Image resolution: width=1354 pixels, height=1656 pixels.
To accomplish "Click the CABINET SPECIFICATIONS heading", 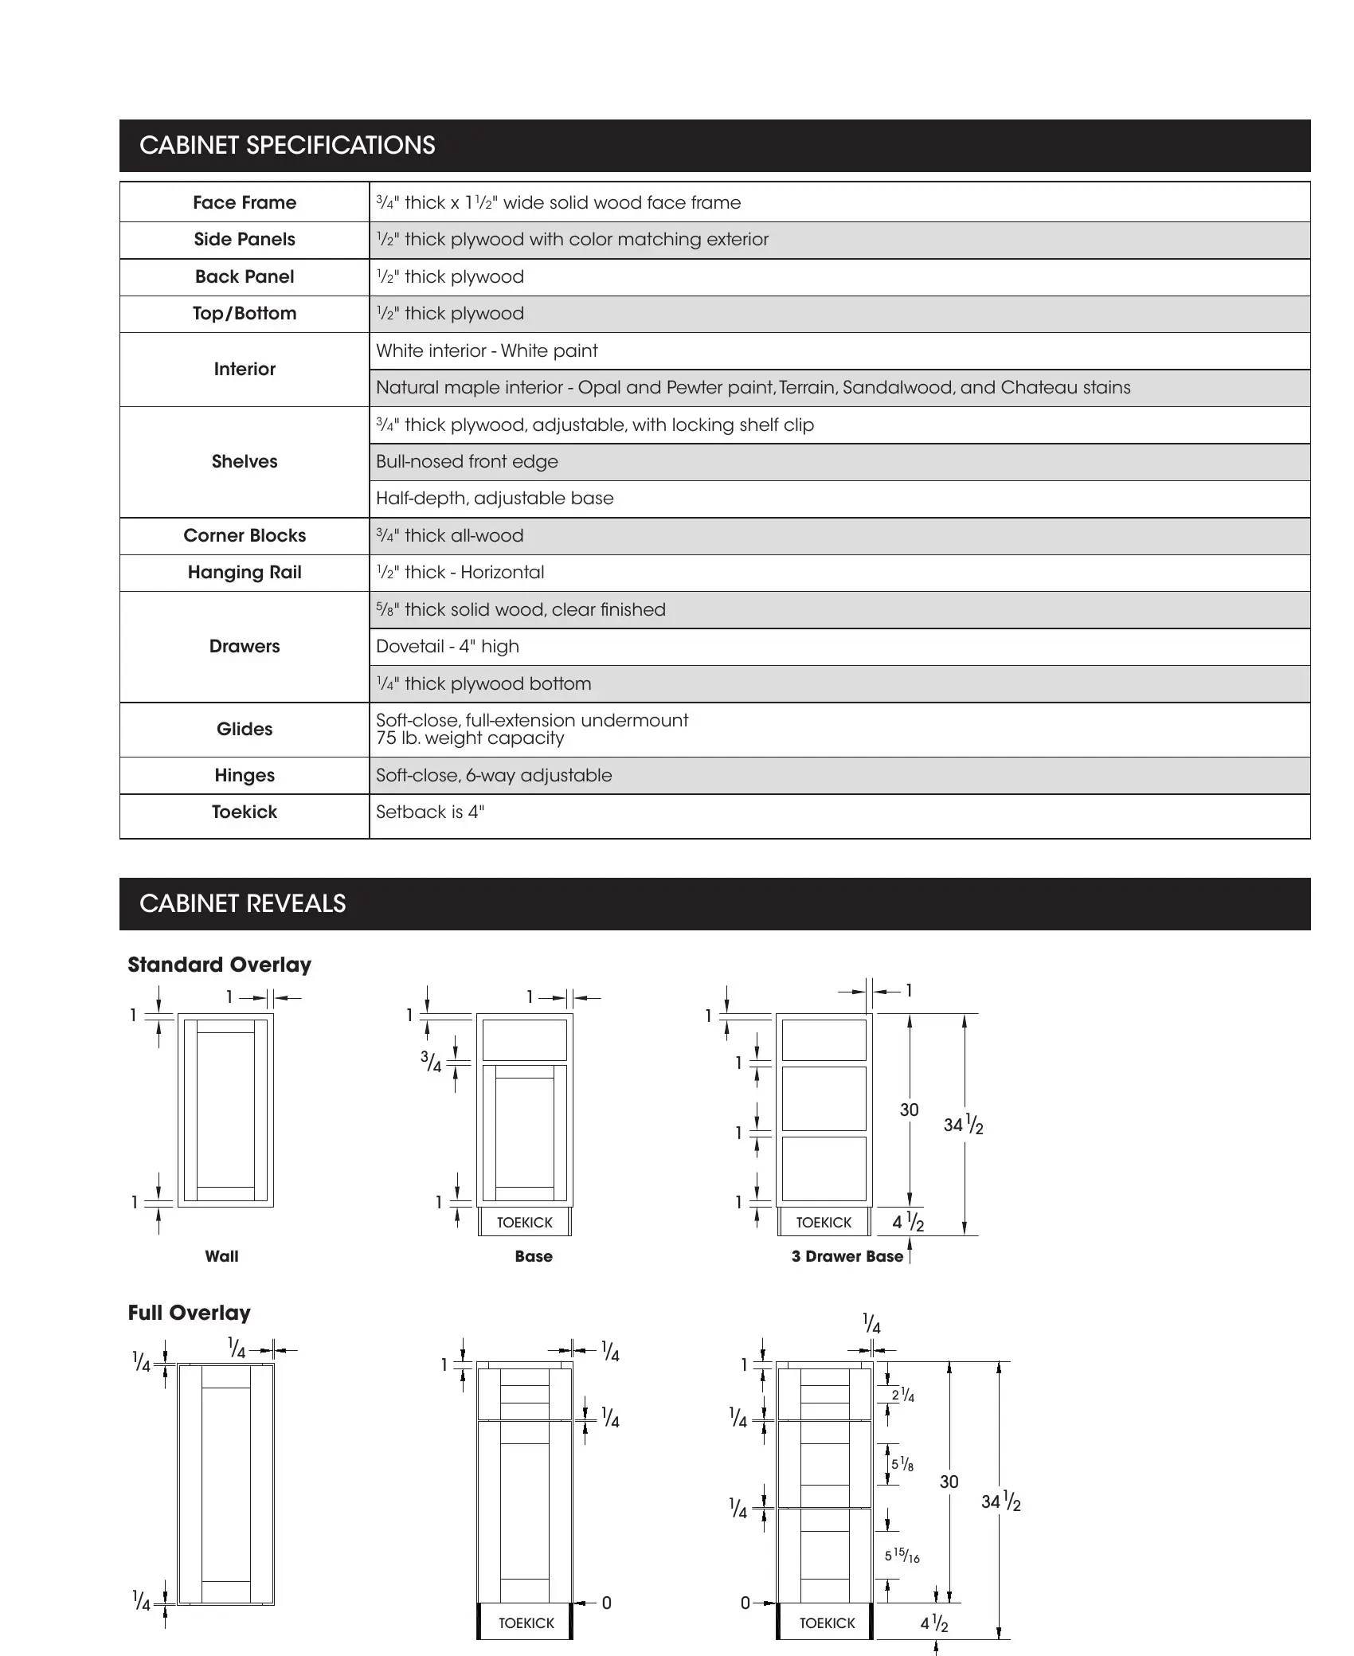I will [287, 146].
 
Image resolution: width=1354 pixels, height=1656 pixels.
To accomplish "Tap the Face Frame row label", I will [245, 203].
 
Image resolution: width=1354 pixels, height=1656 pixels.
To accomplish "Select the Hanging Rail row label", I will [245, 573].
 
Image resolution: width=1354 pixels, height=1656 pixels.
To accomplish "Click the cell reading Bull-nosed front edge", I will [467, 462].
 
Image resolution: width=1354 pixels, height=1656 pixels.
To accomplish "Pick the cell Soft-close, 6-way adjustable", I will [494, 776].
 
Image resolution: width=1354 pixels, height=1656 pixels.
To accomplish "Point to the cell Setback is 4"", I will [430, 812].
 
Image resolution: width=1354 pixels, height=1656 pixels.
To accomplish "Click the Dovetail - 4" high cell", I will [448, 647].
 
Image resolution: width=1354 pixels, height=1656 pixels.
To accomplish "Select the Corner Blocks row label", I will [245, 536].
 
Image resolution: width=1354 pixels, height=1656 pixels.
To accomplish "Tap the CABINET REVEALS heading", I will [242, 904].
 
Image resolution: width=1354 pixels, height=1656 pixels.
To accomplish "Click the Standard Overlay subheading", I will [219, 965].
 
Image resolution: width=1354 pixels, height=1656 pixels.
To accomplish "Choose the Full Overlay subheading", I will [189, 1313].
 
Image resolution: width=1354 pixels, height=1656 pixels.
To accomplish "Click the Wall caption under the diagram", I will [221, 1256].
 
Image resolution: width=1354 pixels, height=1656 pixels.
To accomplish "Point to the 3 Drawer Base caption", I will [847, 1257].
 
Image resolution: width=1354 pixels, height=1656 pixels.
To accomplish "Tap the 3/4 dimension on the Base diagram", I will [432, 1062].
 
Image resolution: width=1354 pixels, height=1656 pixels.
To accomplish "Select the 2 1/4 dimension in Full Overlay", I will [902, 1395].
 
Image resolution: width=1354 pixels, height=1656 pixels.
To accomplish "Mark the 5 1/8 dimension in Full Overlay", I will [902, 1464].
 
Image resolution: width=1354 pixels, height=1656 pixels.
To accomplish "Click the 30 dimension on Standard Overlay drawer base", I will [909, 1110].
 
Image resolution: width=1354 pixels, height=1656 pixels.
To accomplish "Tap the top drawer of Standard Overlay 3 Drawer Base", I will [824, 1039].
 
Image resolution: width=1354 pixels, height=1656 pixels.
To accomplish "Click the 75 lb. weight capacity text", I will [470, 738].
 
